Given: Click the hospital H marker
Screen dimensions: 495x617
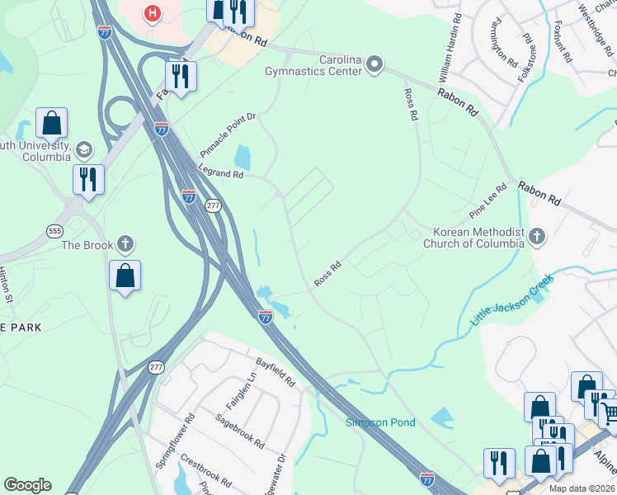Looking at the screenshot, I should pos(152,13).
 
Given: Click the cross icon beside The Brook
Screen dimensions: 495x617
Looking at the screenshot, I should pos(125,244).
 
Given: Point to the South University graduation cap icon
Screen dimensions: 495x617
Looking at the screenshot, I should pos(83,150).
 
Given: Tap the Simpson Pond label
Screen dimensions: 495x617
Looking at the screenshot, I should pos(380,422).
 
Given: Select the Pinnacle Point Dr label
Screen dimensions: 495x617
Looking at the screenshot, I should pos(228,136).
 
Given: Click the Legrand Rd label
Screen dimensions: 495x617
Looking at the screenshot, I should pos(221,172).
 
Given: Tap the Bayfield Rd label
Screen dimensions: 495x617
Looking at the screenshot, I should pos(275,370).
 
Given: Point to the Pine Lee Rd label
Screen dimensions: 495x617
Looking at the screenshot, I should pos(487,201).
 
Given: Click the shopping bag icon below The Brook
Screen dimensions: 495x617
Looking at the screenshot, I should pos(125,276).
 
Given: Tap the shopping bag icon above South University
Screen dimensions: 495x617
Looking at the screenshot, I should pos(51,123).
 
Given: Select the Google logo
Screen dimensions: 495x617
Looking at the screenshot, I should pos(27,484).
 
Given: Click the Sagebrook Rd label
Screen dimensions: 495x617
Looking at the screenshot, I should pos(239,431).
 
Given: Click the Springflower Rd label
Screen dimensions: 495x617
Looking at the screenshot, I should pos(175,441).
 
